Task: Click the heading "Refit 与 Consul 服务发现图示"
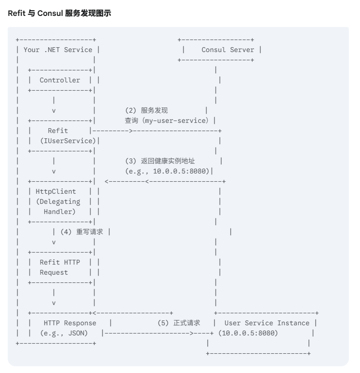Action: [x=59, y=14]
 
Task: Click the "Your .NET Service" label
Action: [x=58, y=50]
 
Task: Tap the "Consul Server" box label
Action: [x=227, y=50]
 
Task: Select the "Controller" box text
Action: [x=60, y=80]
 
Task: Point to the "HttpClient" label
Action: [x=56, y=191]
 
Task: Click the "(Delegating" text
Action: [x=58, y=201]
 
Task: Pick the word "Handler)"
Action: [x=60, y=212]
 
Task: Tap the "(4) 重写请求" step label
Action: [x=82, y=232]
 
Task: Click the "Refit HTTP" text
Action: [x=60, y=262]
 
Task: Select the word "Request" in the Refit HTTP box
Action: [x=54, y=272]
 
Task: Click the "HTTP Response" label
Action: [x=70, y=323]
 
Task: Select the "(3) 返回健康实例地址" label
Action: [x=160, y=161]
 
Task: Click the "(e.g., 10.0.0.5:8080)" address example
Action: [x=167, y=171]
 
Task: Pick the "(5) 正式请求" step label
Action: [x=179, y=323]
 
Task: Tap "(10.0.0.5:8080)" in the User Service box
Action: [x=248, y=333]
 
